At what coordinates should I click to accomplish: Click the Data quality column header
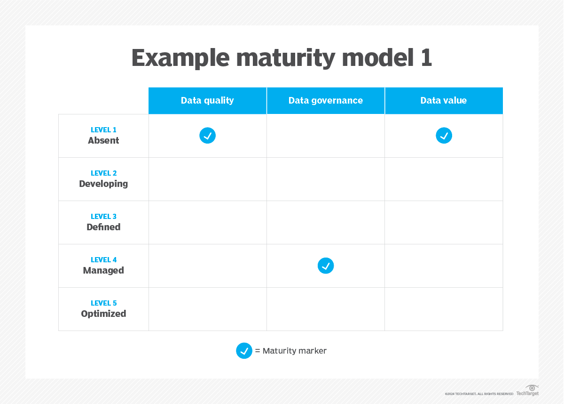pos(207,100)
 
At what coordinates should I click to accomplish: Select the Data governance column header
pos(325,100)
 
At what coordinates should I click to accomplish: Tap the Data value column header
pos(443,100)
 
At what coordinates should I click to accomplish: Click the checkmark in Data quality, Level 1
pos(207,136)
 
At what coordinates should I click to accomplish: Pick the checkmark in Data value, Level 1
pos(444,136)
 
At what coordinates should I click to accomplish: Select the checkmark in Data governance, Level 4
pos(325,266)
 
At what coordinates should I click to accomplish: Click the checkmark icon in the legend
pos(244,351)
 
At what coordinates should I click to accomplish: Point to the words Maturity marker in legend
pos(294,351)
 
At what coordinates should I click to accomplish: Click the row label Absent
pos(103,140)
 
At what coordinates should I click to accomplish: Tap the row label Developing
pos(103,184)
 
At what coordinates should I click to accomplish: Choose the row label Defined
pos(103,227)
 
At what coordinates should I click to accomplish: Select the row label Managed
pos(103,270)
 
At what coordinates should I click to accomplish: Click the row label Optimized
pos(103,314)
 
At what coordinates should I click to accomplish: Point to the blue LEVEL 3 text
pos(103,217)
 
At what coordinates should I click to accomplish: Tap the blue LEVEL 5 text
pos(103,303)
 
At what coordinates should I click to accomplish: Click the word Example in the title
pos(180,58)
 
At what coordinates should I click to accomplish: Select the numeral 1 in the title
pos(425,58)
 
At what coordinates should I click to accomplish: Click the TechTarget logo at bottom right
pos(528,390)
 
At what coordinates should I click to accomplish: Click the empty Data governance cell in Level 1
pos(325,136)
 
